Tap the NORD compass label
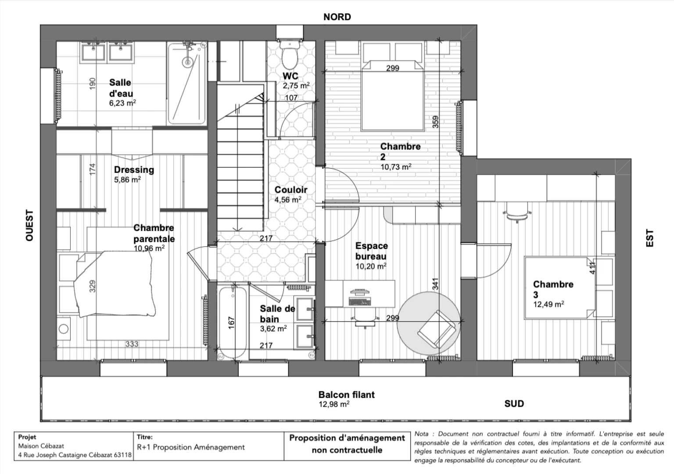point(337,17)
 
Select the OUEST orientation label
point(29,225)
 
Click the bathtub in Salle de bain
point(233,322)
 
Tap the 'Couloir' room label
point(290,190)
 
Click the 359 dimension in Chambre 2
point(435,122)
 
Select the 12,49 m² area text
point(548,304)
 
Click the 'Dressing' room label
point(134,170)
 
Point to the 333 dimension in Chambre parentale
point(132,344)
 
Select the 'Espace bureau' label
point(371,251)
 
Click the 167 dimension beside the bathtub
point(232,323)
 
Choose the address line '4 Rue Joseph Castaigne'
point(75,455)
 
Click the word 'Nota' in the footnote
point(421,434)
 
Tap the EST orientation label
point(650,238)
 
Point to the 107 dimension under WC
point(291,98)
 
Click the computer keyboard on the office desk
point(359,302)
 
